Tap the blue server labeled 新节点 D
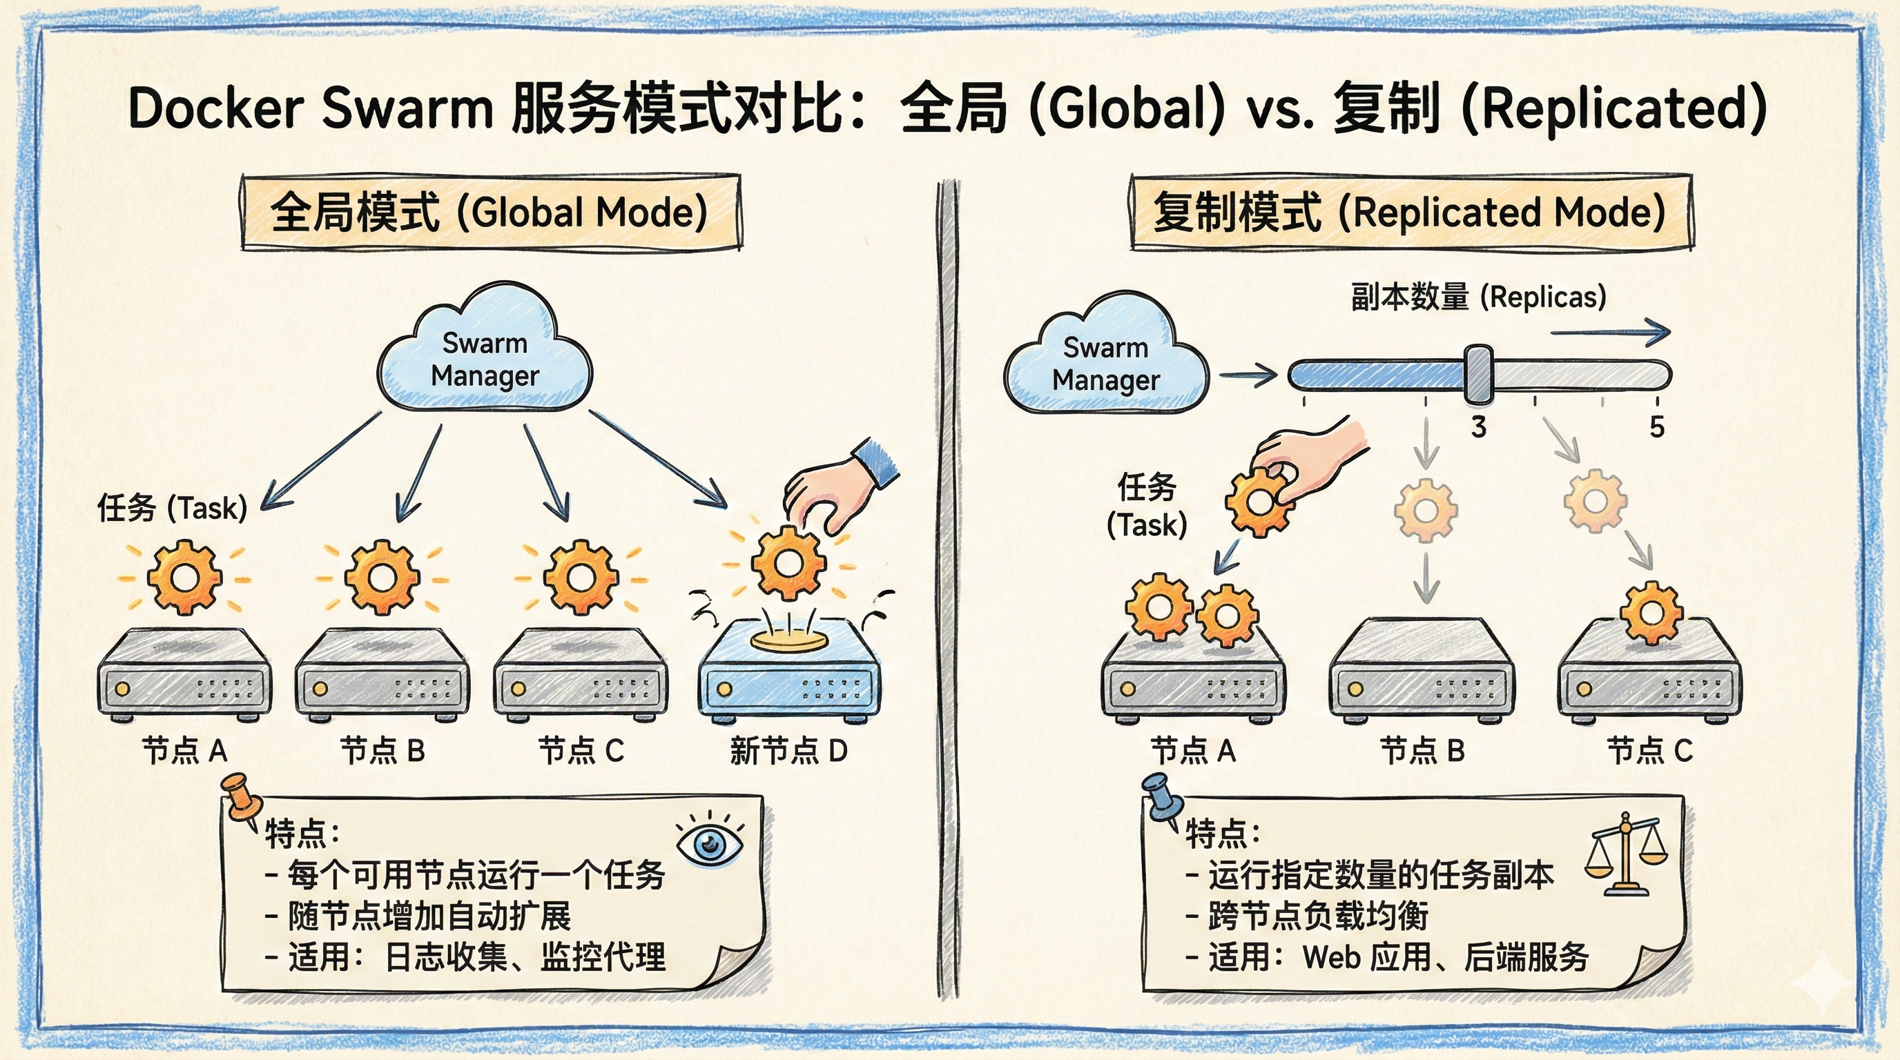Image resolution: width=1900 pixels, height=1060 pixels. [788, 674]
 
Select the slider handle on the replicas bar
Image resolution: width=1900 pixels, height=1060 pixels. [1478, 374]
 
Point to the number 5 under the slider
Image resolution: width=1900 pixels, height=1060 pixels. [1656, 426]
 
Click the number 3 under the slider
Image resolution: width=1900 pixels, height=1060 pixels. [1478, 426]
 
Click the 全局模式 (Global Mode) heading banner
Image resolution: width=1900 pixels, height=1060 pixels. [489, 213]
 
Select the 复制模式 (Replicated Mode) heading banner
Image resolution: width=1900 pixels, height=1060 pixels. [1410, 213]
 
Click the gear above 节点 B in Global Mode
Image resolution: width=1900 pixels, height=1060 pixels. [382, 576]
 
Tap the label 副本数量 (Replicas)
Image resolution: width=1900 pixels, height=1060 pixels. [1478, 297]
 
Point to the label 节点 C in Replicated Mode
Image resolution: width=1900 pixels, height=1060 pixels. [1649, 751]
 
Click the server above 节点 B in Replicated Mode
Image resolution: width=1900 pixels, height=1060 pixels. [1422, 671]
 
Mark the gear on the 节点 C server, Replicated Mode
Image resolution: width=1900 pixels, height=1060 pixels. [1651, 614]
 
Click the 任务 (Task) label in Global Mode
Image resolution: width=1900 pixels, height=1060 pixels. [172, 508]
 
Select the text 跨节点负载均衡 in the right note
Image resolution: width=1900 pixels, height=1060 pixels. [1317, 916]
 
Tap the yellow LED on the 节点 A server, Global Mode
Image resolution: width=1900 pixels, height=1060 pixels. [122, 689]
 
